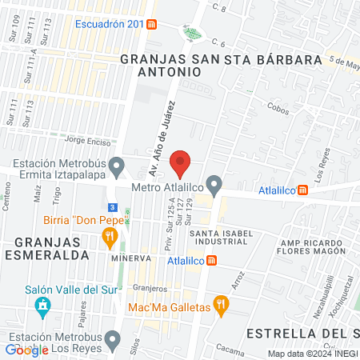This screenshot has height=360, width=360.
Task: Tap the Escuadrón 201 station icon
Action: coord(152,24)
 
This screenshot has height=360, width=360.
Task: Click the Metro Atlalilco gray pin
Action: coord(214,184)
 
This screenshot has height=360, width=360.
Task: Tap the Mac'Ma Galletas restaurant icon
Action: coord(222,304)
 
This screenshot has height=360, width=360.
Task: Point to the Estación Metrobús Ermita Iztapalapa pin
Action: coord(118,168)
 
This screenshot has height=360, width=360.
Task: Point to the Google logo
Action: coord(26,349)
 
